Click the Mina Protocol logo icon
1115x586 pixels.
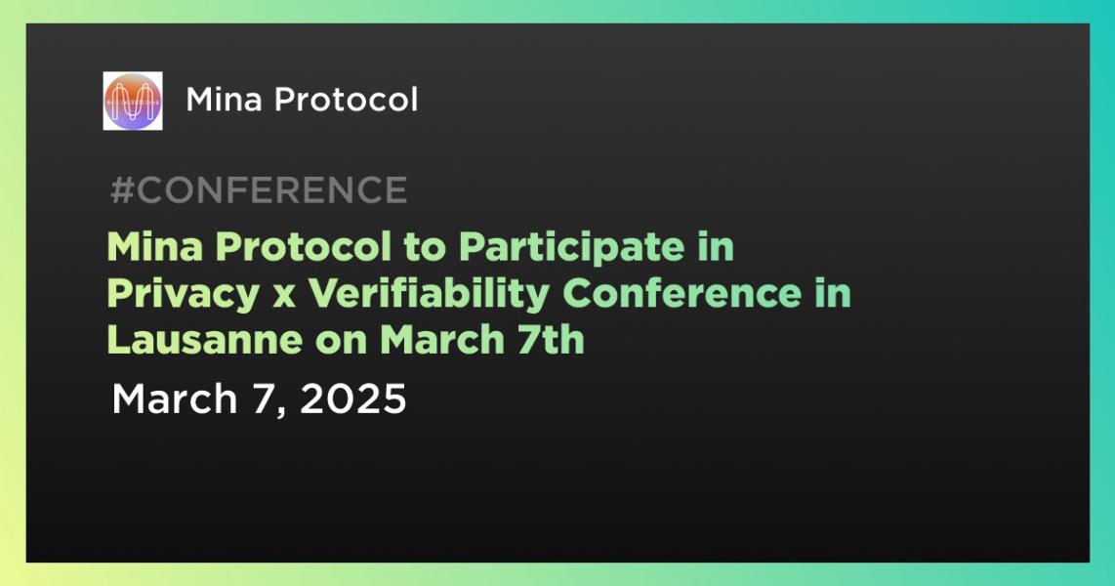(132, 101)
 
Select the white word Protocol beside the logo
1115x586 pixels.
(347, 100)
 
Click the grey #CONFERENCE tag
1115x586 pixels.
(259, 189)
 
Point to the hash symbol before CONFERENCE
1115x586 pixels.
(122, 189)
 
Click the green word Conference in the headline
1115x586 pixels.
(681, 294)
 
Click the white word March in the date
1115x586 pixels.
(174, 398)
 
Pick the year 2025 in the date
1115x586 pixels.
(352, 398)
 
